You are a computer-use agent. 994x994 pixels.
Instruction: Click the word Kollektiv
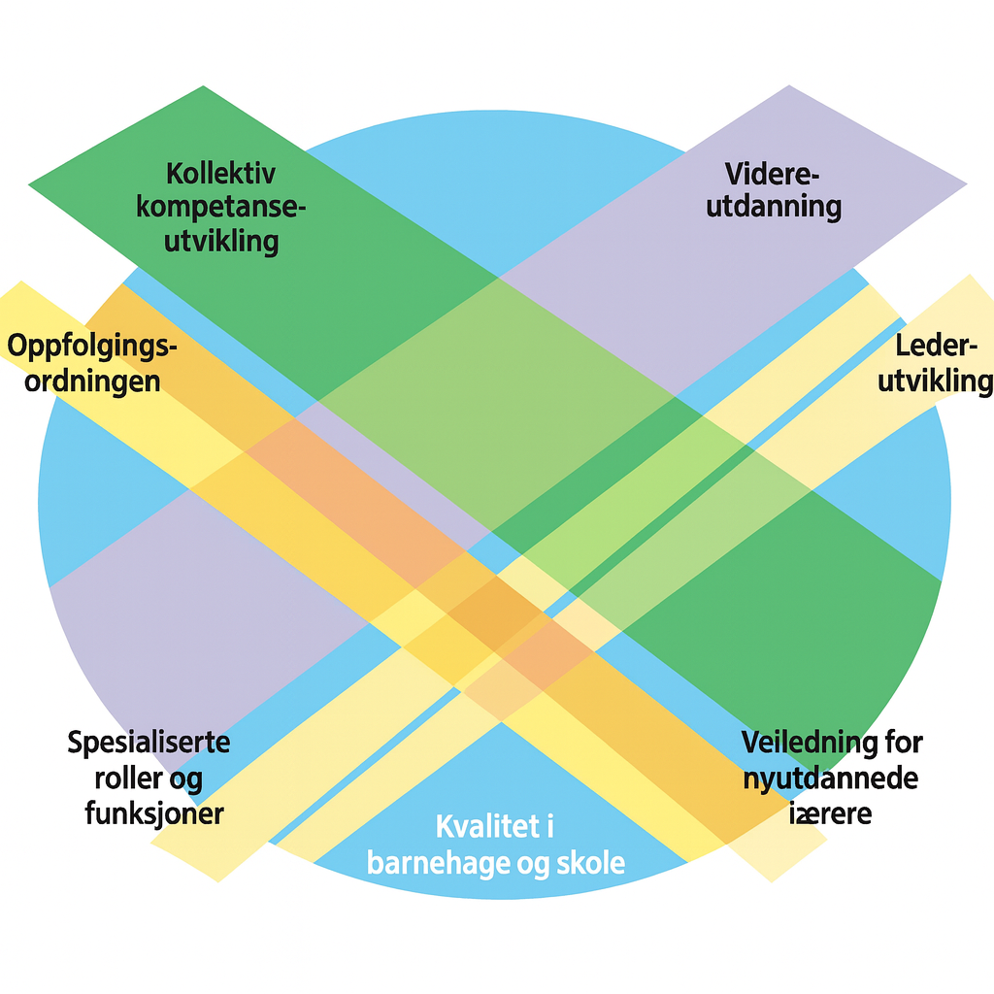tap(220, 175)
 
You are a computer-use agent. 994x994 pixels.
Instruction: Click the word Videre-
tap(773, 175)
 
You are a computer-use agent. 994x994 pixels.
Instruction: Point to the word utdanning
tap(774, 207)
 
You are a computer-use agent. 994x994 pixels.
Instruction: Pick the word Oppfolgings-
tap(93, 348)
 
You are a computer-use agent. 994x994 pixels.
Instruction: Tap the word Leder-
tap(934, 347)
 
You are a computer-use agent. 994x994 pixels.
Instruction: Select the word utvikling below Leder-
tap(935, 380)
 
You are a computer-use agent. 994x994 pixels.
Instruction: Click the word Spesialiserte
tap(149, 744)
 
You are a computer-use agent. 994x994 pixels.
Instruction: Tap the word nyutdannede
tap(831, 778)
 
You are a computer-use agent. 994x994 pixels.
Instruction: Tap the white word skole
tap(589, 862)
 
